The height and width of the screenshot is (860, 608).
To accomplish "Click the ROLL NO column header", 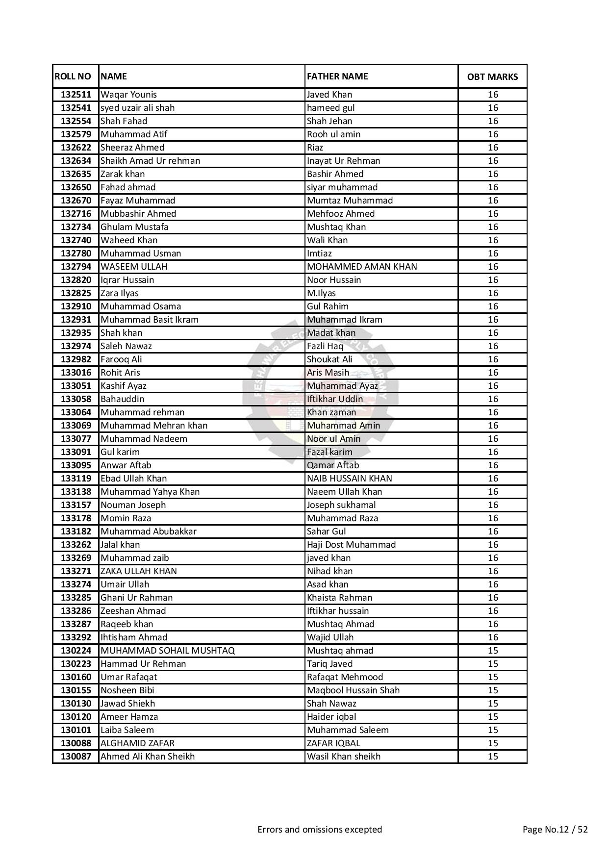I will pos(73,76).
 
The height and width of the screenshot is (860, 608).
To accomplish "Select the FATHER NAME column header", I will pos(337,76).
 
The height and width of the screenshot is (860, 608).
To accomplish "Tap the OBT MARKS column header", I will pos(492,77).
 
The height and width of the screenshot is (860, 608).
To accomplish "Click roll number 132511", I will pos(76,95).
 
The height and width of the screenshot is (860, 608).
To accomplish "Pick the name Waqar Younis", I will pos(128,95).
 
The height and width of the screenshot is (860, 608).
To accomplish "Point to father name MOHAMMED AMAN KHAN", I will pos(362,267).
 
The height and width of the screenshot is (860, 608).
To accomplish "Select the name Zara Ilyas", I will pos(120,293).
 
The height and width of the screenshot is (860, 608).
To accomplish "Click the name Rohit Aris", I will pos(120,373).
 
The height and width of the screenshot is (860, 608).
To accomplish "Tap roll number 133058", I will pos(76,399).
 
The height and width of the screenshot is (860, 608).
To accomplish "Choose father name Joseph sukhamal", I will pos(341,505).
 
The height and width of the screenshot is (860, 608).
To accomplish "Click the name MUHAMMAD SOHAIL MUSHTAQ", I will pos(168,651).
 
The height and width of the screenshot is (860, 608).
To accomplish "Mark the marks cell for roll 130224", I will pos(493,651).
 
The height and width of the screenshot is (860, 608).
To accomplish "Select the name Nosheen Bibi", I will pos(127,690).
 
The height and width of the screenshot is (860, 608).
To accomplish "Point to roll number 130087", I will pos(76,757).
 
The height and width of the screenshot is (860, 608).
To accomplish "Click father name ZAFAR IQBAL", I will pos(333,743).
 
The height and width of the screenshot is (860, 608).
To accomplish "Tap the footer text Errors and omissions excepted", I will pos(320,830).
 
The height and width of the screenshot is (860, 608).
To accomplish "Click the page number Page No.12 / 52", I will pos(555,830).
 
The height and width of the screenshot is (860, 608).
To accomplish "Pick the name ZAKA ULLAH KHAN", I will pos(139,571).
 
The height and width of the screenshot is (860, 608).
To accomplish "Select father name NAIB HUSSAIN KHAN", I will pos(350,479).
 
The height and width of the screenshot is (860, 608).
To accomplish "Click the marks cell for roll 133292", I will pos(493,637).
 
